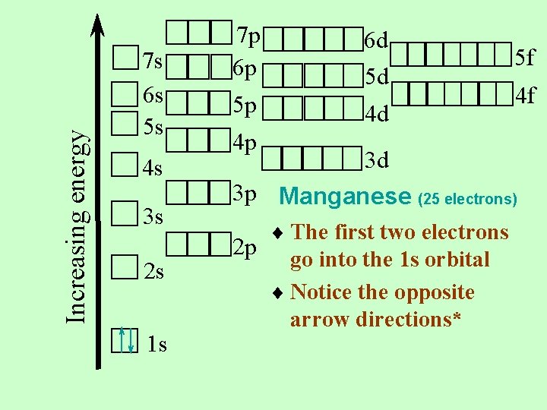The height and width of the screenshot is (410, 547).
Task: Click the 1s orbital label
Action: [157, 345]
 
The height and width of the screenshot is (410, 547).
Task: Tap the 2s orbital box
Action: [124, 266]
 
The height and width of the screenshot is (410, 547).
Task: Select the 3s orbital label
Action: [153, 218]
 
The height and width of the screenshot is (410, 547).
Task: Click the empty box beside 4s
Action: [124, 164]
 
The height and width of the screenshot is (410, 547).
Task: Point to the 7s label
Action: [153, 59]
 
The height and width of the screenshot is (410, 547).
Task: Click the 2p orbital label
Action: [245, 248]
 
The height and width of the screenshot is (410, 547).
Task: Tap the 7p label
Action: [248, 35]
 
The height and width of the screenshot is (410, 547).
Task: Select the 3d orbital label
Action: [377, 160]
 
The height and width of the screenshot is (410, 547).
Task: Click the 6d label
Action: [377, 39]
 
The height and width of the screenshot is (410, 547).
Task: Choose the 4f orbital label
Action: [525, 96]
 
